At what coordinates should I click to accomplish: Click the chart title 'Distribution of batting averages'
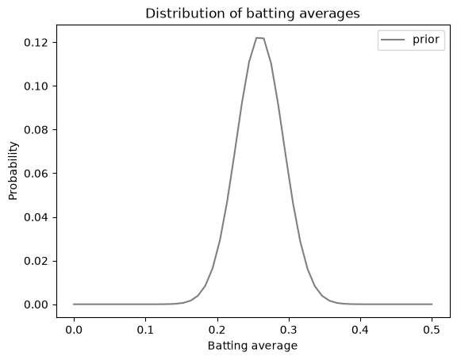pos(252,13)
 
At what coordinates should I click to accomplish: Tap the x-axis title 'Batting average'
pos(252,346)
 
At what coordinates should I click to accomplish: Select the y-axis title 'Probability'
pos(13,171)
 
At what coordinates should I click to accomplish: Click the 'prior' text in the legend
pos(426,40)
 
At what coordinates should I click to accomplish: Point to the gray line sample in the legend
pos(393,40)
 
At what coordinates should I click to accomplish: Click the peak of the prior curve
pos(260,38)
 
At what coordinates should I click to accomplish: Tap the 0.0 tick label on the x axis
pos(74,330)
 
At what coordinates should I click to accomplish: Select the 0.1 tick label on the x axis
pos(145,330)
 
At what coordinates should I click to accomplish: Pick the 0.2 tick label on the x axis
pos(217,330)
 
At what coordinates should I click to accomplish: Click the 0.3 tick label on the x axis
pos(289,330)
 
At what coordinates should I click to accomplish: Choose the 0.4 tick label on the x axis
pos(360,330)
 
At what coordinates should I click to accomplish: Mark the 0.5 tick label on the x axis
pos(432,330)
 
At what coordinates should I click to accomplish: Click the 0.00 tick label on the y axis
pos(36,304)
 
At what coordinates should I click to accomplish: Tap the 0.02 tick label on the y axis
pos(36,261)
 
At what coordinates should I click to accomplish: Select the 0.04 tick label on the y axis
pos(36,217)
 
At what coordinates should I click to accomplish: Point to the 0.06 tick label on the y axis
pos(36,174)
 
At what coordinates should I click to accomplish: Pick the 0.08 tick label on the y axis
pos(36,130)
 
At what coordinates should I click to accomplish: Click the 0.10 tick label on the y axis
pos(36,86)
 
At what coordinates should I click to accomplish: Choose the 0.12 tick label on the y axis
pos(36,43)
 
